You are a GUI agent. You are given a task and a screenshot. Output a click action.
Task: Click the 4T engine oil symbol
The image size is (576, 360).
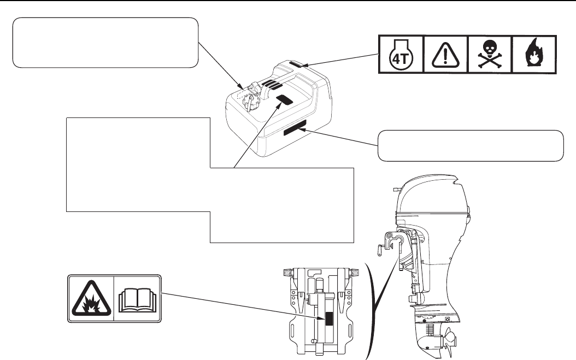[401, 55]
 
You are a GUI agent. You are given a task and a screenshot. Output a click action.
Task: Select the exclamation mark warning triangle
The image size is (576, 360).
[446, 55]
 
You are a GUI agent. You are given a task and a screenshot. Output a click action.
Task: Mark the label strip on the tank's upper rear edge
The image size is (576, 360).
[299, 64]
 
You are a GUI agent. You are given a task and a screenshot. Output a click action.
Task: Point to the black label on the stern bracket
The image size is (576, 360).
[328, 319]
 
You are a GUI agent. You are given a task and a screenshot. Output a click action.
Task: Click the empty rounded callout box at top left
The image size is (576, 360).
[105, 42]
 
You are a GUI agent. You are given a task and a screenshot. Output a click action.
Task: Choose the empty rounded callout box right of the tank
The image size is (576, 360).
[470, 146]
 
